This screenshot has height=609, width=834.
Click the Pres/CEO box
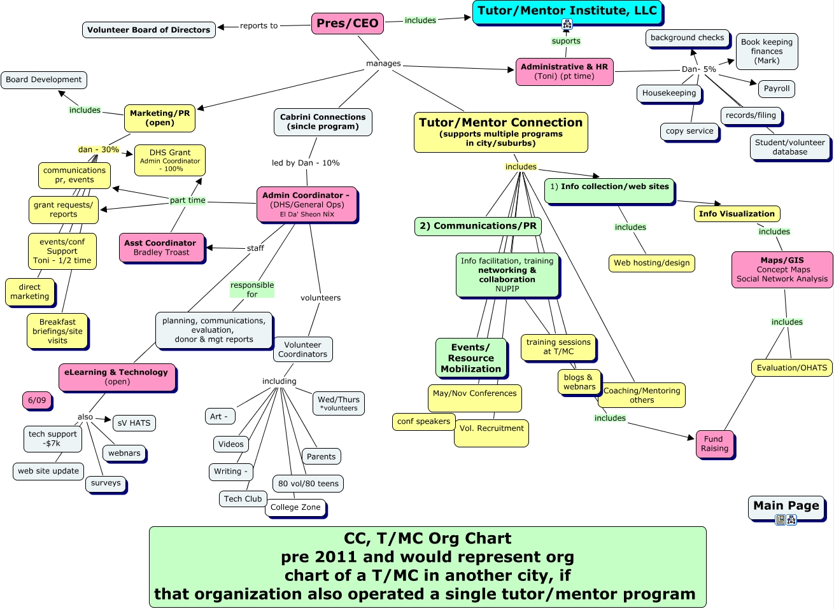[x=348, y=24]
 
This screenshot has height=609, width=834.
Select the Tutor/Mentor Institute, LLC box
[x=567, y=11]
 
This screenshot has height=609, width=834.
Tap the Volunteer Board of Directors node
[x=148, y=30]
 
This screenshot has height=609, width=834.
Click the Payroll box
[x=776, y=89]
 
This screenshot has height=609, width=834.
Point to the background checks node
[x=687, y=38]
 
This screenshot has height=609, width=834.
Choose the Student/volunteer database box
[x=789, y=147]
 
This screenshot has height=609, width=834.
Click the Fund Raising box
[x=714, y=444]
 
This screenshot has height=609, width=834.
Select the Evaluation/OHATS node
[x=791, y=368]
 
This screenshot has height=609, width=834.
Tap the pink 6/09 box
[x=37, y=400]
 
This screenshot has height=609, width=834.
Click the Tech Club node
[x=243, y=499]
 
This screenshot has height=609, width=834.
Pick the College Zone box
[x=295, y=507]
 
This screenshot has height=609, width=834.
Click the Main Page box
[x=786, y=506]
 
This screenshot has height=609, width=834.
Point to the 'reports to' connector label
[x=258, y=26]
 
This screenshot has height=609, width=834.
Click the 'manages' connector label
[x=383, y=64]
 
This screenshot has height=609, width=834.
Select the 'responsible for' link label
[x=252, y=290]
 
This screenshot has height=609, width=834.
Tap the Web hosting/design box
[x=651, y=263]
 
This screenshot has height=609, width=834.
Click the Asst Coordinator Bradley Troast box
[x=161, y=248]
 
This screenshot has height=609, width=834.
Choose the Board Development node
[x=44, y=80]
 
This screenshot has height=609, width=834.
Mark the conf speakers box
[x=423, y=421]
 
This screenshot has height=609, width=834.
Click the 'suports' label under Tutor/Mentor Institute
[x=566, y=41]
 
